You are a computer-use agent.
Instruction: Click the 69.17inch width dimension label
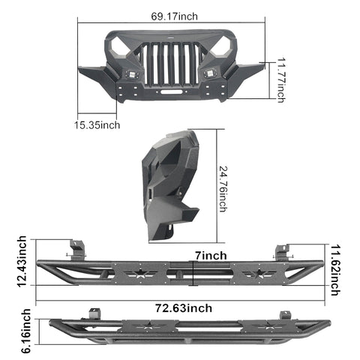tap(174, 16)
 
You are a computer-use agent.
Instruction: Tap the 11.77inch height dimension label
tap(281, 80)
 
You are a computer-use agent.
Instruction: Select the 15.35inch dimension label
tap(97, 125)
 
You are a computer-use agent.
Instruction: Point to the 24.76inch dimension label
tap(223, 189)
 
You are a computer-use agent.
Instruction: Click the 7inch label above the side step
tap(211, 256)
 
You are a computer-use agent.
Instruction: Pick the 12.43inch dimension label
tap(22, 262)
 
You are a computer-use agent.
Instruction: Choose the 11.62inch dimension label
tap(335, 270)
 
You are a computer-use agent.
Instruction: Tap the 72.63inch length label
tap(184, 308)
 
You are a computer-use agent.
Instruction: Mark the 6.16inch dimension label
tap(26, 331)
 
